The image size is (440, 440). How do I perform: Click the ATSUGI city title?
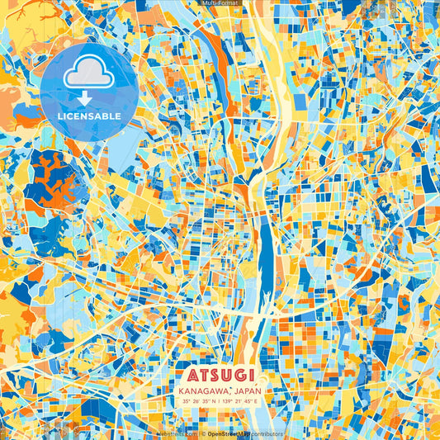220,373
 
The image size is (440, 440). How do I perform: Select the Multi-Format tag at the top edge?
220,3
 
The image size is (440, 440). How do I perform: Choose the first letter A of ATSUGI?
182,373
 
